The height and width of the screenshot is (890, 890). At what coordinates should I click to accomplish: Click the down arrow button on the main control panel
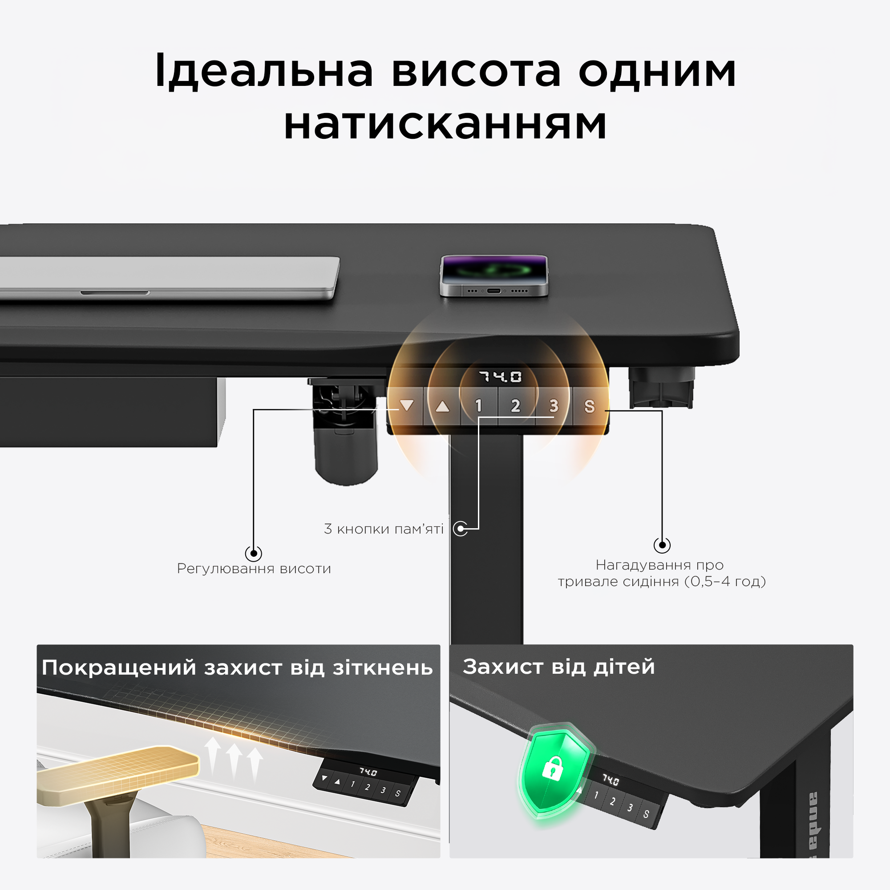tap(406, 406)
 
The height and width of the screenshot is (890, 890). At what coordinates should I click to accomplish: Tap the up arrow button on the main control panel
tap(443, 406)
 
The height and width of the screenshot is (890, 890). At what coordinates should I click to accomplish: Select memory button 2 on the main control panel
tap(516, 406)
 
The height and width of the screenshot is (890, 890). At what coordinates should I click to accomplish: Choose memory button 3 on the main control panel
tap(554, 406)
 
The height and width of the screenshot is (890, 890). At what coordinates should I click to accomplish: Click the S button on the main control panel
tap(590, 406)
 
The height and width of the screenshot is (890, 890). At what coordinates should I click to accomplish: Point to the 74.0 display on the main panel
tap(500, 377)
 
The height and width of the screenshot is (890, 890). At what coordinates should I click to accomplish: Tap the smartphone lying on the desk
tap(494, 275)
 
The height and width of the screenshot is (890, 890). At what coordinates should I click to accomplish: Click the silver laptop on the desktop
tap(168, 278)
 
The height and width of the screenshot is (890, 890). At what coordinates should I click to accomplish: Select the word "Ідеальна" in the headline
tap(264, 71)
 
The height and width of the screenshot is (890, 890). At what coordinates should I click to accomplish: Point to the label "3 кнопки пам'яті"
tap(384, 529)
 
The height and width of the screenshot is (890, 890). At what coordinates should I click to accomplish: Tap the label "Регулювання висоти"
tap(254, 568)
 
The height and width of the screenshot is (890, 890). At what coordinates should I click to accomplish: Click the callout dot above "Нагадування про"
tap(662, 546)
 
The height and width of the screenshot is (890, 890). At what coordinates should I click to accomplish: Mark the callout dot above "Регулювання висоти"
tap(253, 553)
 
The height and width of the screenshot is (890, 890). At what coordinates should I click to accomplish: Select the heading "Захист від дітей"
tap(559, 667)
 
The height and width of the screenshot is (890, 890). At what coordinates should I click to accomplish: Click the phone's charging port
tap(494, 291)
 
